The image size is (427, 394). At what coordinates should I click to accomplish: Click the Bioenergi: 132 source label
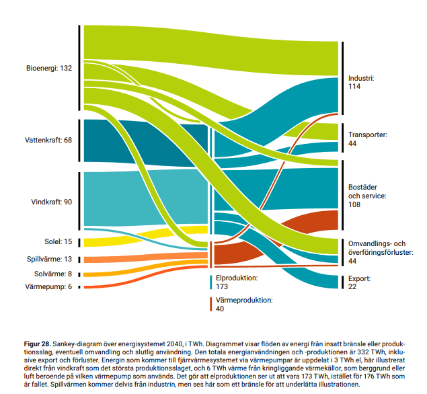click(48, 69)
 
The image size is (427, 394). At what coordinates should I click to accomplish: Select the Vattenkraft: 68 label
click(48, 141)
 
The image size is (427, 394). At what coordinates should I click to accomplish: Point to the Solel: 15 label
click(58, 241)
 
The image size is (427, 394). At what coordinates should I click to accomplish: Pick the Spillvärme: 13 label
click(49, 260)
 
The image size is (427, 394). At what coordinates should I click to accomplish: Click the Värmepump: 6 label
click(50, 287)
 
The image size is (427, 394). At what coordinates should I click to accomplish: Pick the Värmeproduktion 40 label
click(241, 305)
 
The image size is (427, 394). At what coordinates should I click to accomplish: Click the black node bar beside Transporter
click(342, 139)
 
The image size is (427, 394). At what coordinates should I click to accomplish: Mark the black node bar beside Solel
click(79, 242)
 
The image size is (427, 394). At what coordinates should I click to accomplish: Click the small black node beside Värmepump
click(79, 287)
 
